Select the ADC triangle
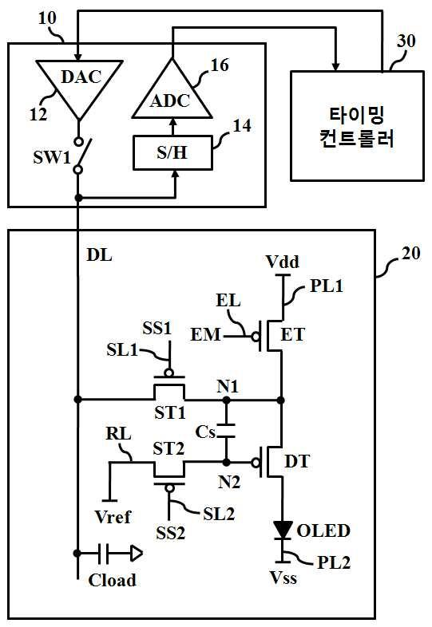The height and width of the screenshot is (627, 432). (172, 93)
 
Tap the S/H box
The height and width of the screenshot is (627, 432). (172, 152)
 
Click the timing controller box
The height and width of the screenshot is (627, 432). (357, 126)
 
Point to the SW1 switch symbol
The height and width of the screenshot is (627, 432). (82, 155)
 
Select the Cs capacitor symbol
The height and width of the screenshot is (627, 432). (226, 431)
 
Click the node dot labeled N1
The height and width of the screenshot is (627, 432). (226, 400)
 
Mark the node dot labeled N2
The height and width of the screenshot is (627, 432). (226, 462)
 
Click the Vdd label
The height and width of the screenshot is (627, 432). (282, 262)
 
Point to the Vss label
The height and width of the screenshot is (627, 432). (283, 577)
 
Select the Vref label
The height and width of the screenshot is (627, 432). (113, 517)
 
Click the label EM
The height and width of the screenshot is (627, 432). (205, 335)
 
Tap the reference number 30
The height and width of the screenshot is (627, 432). (406, 41)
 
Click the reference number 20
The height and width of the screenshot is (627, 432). (410, 253)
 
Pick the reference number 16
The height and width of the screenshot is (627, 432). (220, 65)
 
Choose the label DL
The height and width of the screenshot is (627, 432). (99, 255)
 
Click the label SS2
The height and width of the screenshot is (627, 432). (171, 533)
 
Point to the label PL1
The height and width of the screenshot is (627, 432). (327, 286)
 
